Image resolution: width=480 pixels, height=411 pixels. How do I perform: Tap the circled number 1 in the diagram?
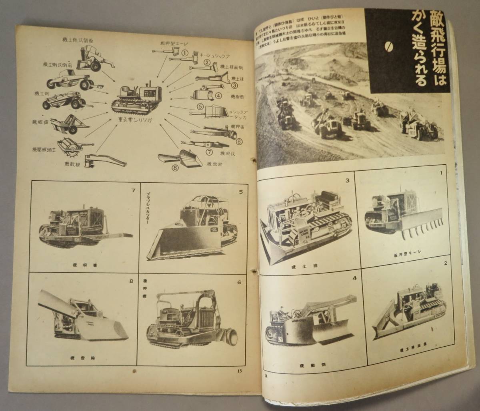point(185,52)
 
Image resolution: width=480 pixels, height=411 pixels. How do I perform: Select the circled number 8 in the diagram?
point(174,168)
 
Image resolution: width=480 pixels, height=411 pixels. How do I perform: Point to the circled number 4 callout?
point(218,96)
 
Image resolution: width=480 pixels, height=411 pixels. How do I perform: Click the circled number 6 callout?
point(239,141)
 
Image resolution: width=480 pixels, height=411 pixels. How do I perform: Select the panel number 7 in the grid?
point(133,190)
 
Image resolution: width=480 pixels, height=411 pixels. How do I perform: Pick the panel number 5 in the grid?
point(241,192)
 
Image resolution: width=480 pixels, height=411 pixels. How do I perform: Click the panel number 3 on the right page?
point(348,180)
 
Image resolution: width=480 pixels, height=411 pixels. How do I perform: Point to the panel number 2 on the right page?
point(445,263)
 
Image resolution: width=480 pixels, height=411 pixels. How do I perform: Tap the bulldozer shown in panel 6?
point(192,320)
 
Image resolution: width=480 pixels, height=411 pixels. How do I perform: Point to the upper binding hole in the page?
point(252,160)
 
